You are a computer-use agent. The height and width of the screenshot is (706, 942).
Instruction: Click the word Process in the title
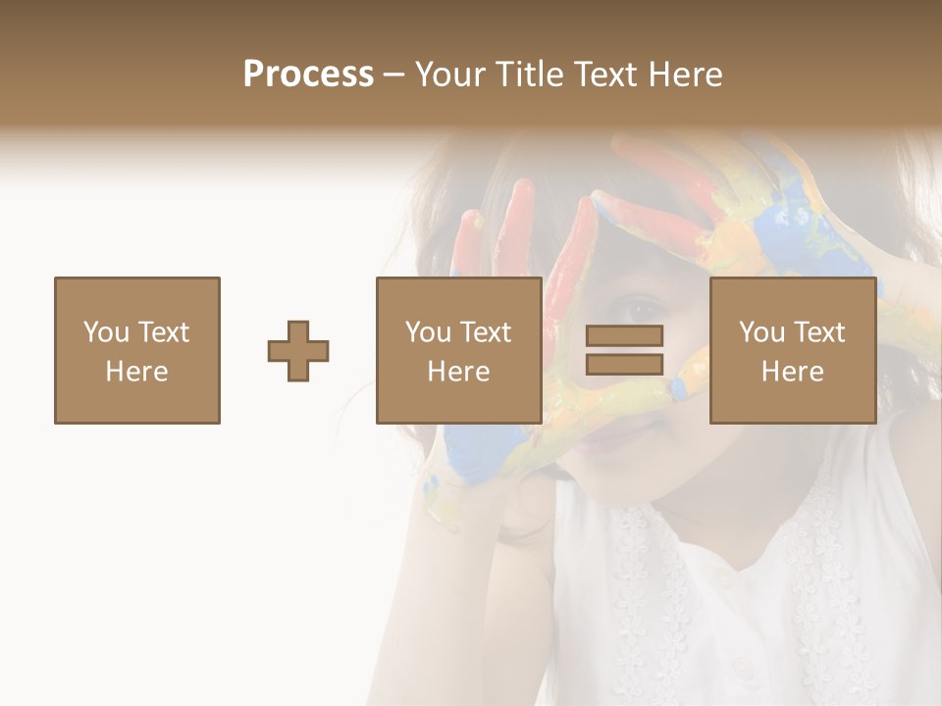click(308, 75)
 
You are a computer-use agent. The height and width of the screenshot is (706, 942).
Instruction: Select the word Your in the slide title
click(450, 75)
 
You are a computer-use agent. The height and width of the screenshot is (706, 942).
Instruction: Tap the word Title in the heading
click(529, 75)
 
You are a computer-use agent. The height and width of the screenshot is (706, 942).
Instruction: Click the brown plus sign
click(298, 351)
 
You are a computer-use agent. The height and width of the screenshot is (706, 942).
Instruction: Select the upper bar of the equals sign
click(624, 335)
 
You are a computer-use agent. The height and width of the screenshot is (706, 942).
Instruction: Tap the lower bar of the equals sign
click(624, 364)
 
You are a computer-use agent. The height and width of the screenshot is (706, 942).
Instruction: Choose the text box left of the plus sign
click(137, 351)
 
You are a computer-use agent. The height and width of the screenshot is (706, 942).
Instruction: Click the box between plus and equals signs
click(459, 351)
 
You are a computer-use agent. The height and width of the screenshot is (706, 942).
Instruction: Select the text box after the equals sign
click(793, 351)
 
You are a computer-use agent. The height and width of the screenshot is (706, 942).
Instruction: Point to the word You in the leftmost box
click(104, 332)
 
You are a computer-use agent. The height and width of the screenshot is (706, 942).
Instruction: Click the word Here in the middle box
click(459, 372)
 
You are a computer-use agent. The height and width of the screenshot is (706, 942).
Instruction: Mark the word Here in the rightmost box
click(793, 372)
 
